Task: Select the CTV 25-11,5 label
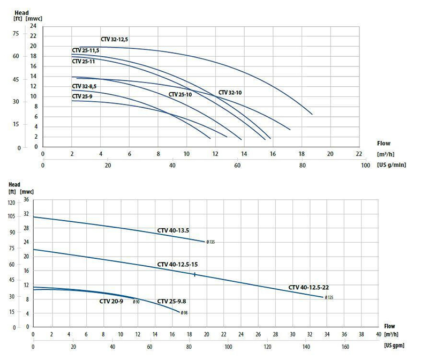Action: pyautogui.click(x=86, y=50)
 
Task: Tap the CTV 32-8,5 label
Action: pyautogui.click(x=84, y=86)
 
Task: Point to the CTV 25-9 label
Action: pyautogui.click(x=82, y=96)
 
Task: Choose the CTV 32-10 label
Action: pyautogui.click(x=230, y=93)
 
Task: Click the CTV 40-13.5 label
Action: pyautogui.click(x=172, y=230)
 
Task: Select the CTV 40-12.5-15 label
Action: pyautogui.click(x=178, y=265)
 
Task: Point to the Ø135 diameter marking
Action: pyautogui.click(x=210, y=242)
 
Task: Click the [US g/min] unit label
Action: pyautogui.click(x=392, y=165)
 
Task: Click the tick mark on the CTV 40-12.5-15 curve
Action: pyautogui.click(x=194, y=274)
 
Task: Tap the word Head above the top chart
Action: pyautogui.click(x=20, y=11)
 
